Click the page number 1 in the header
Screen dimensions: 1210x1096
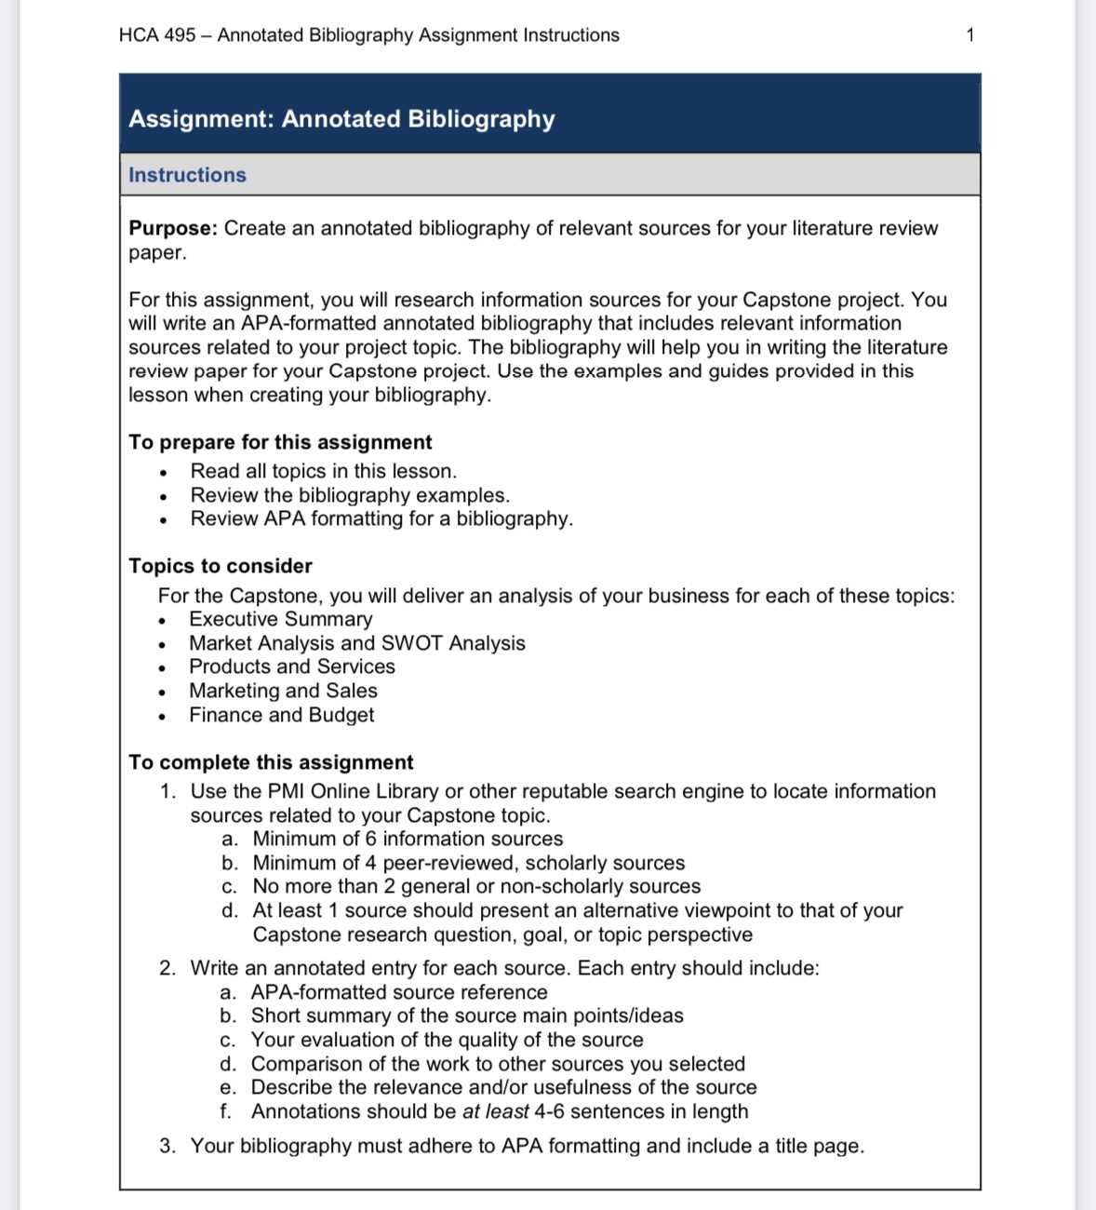point(969,35)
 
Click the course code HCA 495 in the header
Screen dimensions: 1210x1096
point(157,35)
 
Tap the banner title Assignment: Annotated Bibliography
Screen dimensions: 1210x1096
point(341,119)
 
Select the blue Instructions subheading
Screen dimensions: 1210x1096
point(187,175)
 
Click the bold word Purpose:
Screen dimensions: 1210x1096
point(173,228)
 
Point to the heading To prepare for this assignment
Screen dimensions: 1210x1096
point(280,442)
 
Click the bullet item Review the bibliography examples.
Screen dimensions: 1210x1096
point(350,495)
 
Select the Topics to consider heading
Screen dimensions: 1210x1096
point(221,566)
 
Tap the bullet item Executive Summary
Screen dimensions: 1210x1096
point(280,619)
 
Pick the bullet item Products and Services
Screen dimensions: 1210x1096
point(291,666)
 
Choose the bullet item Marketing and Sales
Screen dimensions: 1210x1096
point(283,691)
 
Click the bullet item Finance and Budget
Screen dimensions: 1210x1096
point(281,715)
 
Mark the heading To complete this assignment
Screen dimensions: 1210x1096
point(271,762)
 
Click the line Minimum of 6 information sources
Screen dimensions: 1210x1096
point(408,839)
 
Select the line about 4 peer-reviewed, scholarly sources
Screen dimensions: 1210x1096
point(468,863)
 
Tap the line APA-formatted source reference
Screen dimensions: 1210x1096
point(399,992)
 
